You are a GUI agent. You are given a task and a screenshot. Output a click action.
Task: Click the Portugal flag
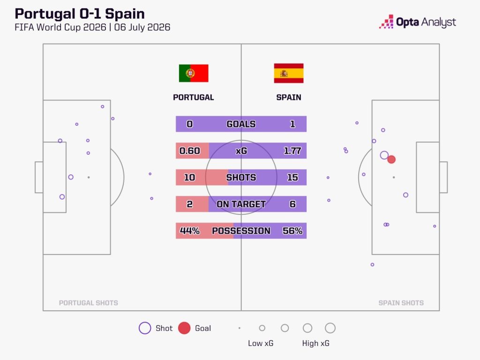[x=194, y=73]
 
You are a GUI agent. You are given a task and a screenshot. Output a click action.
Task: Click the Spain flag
[x=289, y=73]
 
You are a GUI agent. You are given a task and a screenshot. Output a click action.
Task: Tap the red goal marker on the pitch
[x=391, y=159]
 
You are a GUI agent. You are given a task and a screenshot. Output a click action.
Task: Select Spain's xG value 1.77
[x=292, y=150]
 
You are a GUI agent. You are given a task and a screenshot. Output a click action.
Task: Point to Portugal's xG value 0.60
[x=189, y=150]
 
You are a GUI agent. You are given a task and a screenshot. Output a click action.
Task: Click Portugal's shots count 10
[x=189, y=177]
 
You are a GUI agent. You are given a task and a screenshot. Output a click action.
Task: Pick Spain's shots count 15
[x=292, y=177]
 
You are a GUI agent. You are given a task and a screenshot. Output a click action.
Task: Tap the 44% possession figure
[x=189, y=231]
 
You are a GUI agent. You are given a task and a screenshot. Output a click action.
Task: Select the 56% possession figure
[x=292, y=231]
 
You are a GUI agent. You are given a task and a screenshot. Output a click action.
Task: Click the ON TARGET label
[x=241, y=204]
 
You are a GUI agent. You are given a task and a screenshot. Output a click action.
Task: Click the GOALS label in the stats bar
[x=241, y=124]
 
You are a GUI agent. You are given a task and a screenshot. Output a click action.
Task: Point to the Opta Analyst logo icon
[x=387, y=22]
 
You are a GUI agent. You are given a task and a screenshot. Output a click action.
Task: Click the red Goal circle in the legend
[x=184, y=328]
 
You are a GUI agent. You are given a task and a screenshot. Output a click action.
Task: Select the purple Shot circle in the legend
[x=145, y=328]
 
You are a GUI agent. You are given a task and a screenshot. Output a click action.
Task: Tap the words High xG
[x=315, y=343]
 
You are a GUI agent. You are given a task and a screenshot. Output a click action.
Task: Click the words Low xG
[x=261, y=343]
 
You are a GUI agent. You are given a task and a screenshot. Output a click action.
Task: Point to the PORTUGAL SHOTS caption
[x=89, y=303]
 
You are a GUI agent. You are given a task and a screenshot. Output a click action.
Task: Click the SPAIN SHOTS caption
[x=401, y=303]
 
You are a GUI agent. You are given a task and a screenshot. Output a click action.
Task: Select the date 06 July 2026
[x=142, y=27]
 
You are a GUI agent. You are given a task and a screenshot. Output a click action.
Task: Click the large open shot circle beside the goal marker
[x=381, y=156]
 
